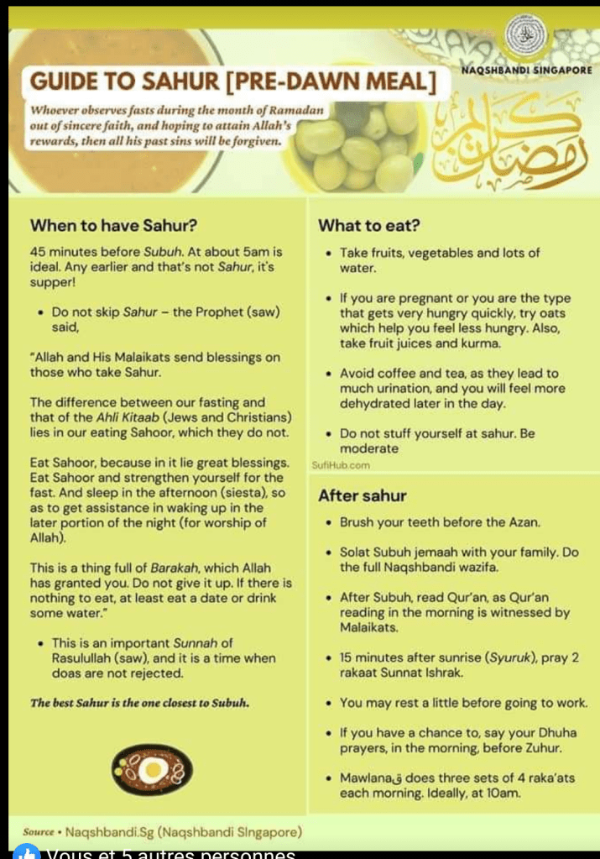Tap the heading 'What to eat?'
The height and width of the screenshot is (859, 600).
click(x=369, y=225)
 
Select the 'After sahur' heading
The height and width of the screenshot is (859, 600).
click(x=363, y=495)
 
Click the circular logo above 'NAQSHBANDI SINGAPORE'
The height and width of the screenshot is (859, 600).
click(x=527, y=34)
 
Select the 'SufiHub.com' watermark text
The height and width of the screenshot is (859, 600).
click(x=341, y=464)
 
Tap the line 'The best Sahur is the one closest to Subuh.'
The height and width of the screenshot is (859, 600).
click(x=139, y=703)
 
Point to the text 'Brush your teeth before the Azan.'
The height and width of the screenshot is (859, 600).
click(x=441, y=522)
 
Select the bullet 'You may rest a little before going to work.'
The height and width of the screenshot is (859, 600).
click(x=463, y=702)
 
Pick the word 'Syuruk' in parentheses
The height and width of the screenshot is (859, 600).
click(x=490, y=657)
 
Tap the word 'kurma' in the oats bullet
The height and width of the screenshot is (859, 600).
click(x=484, y=343)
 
